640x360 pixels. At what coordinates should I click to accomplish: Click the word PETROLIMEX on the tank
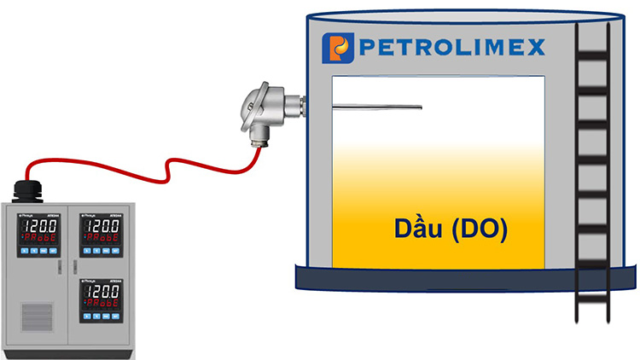tap(451, 48)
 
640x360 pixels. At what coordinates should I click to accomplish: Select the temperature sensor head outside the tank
tap(265, 110)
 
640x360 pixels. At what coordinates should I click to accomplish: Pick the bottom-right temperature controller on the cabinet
tap(99, 299)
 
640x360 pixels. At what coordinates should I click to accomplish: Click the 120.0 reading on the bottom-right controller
tap(100, 293)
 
